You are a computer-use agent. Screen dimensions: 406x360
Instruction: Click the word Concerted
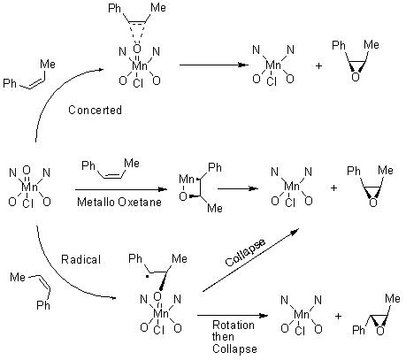[95, 110]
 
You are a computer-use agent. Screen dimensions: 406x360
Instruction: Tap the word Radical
[80, 259]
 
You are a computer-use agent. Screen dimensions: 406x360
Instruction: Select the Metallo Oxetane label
[119, 202]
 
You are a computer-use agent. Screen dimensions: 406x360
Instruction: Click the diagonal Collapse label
[245, 252]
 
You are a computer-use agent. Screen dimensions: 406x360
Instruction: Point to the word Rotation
[234, 325]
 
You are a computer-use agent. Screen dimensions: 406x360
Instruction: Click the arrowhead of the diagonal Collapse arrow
[295, 231]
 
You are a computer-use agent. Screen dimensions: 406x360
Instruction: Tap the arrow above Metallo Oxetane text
[121, 189]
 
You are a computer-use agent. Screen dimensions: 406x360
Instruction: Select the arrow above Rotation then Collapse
[233, 316]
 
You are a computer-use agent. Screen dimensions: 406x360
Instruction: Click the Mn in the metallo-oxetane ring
[187, 180]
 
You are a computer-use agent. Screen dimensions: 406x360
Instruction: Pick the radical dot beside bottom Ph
[148, 277]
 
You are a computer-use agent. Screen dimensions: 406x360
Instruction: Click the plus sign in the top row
[318, 65]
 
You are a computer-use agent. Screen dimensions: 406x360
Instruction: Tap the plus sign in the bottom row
[338, 316]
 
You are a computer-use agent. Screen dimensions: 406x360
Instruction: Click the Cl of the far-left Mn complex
[27, 203]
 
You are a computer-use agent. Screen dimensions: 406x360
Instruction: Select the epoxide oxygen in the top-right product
[356, 77]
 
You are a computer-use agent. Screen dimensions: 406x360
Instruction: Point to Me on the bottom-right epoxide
[393, 299]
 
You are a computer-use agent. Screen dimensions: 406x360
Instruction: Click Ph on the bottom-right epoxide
[358, 330]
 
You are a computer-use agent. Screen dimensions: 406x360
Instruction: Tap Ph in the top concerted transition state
[114, 8]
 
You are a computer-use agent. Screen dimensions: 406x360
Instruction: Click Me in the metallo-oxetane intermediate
[215, 209]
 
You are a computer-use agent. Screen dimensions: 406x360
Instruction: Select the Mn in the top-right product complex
[273, 65]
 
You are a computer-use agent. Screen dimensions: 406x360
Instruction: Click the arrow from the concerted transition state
[212, 65]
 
